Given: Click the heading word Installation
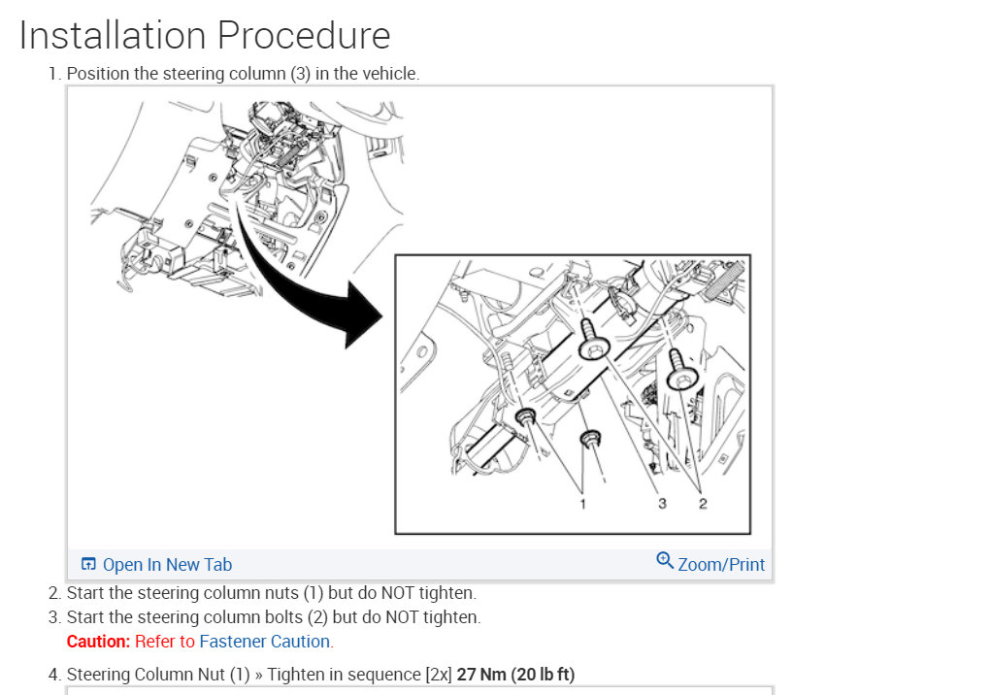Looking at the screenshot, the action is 113,35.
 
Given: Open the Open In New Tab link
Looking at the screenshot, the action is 167,564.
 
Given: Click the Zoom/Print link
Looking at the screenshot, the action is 721,564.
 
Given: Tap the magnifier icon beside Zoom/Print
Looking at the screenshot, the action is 665,560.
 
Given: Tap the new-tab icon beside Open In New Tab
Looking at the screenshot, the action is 88,564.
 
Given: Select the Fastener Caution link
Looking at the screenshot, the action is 265,642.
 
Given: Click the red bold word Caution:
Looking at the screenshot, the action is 98,642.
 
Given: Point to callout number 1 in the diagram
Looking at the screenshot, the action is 582,504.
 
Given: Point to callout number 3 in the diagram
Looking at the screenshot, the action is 662,504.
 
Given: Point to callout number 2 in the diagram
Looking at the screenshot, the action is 703,504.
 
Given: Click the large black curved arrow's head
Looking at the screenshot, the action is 363,315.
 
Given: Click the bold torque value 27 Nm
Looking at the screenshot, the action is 481,675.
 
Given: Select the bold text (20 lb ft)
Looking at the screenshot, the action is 543,675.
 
